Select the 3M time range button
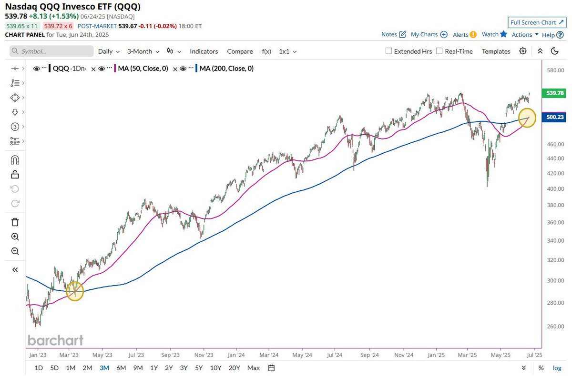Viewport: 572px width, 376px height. (x=104, y=367)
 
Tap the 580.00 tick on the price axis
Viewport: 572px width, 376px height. (x=556, y=70)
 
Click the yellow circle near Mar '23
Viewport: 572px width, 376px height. (x=75, y=290)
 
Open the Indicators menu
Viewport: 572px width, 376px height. (x=204, y=51)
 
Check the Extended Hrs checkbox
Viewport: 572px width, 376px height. (x=388, y=51)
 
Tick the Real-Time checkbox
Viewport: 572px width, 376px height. (x=439, y=51)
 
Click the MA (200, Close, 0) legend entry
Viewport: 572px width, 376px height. (x=226, y=69)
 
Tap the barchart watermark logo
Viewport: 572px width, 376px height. (x=55, y=340)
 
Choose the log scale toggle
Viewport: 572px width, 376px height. (x=557, y=367)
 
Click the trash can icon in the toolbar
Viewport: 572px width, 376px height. (x=15, y=222)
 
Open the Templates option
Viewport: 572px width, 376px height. (x=496, y=51)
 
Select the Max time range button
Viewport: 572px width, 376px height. (x=254, y=367)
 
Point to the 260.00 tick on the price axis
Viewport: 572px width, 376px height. (x=556, y=327)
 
